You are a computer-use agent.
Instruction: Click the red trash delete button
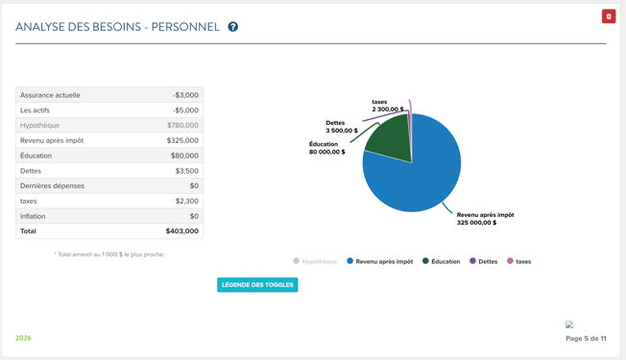pos(609,16)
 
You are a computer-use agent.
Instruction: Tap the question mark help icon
pos(232,27)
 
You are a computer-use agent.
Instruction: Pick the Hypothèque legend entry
pos(315,261)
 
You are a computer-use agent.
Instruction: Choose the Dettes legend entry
pos(484,261)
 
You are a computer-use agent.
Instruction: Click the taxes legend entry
pos(519,261)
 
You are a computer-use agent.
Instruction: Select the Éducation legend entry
pos(441,261)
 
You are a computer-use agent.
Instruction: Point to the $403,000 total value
pos(182,231)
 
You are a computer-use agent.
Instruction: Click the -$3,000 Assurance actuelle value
pos(185,95)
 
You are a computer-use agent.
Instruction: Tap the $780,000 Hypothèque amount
pos(182,126)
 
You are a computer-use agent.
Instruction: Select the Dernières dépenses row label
pos(52,186)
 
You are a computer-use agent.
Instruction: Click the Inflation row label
pos(33,216)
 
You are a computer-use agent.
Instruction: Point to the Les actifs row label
pos(36,110)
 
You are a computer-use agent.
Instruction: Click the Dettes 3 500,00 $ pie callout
pos(342,127)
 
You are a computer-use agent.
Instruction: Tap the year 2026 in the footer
pos(23,338)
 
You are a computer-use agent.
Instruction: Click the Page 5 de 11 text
pos(586,339)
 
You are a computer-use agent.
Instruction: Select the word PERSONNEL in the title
pos(185,27)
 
